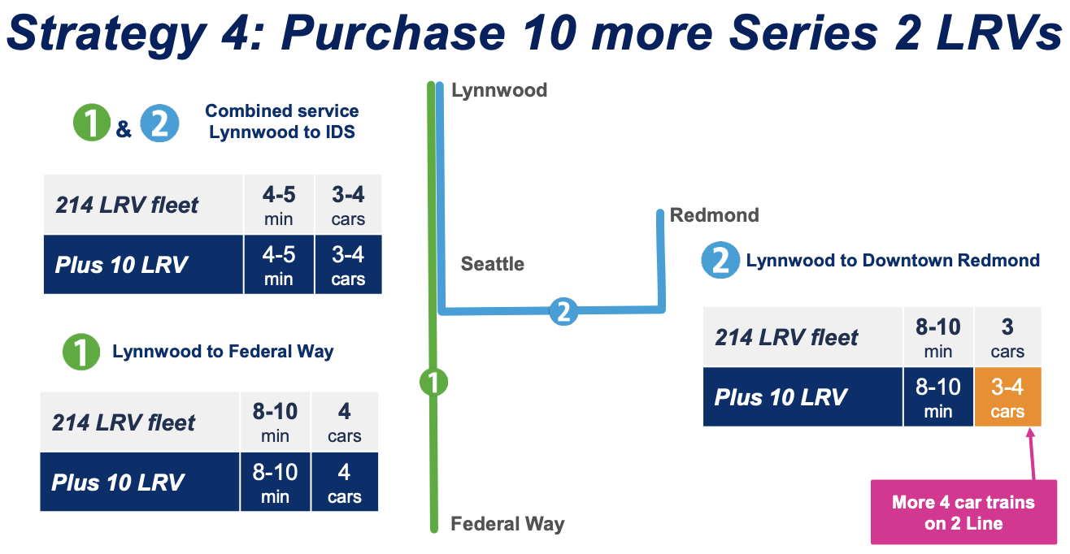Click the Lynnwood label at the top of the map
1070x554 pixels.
click(x=498, y=90)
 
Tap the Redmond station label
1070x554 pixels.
click(x=714, y=215)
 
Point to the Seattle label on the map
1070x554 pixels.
click(x=492, y=264)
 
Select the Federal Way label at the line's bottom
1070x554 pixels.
click(x=507, y=524)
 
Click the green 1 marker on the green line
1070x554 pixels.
click(x=433, y=381)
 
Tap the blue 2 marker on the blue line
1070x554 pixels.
click(x=563, y=310)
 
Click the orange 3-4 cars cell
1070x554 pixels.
click(x=1007, y=397)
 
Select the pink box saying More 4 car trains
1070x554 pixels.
click(x=963, y=513)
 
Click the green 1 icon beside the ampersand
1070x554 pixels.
click(x=93, y=123)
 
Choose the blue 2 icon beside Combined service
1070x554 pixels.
click(x=159, y=123)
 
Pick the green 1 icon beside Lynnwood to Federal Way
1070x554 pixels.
click(x=81, y=353)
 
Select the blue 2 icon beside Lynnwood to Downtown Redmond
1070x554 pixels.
click(x=720, y=261)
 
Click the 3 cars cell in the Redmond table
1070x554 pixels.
click(x=1007, y=337)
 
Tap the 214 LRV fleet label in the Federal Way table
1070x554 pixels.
click(x=124, y=422)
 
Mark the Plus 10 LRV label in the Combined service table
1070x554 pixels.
click(x=121, y=265)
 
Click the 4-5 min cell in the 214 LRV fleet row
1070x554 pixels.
click(x=278, y=206)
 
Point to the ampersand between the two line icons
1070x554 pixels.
click(x=124, y=128)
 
